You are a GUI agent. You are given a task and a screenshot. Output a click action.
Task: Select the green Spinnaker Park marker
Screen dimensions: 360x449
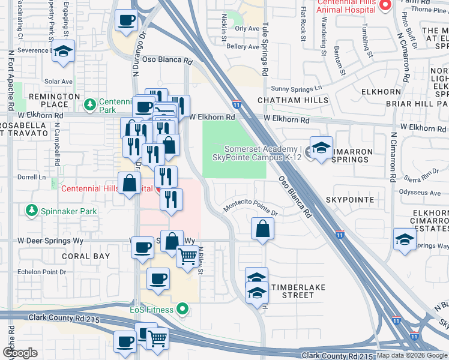coord(31,211)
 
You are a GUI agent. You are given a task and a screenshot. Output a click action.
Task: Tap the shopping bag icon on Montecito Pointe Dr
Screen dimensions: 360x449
coord(262,229)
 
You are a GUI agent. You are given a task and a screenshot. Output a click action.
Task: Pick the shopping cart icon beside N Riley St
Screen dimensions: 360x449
coord(187,257)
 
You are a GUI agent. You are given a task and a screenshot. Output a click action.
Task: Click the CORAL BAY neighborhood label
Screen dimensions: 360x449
coord(86,256)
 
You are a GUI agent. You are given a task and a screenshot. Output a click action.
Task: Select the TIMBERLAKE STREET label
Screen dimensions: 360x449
coord(298,291)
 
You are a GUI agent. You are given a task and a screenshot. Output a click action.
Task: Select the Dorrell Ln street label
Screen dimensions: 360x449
coord(32,178)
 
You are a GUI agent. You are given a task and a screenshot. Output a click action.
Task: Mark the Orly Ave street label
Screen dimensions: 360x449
coord(247,28)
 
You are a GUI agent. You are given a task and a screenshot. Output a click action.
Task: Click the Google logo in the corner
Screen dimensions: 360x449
coord(20,353)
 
